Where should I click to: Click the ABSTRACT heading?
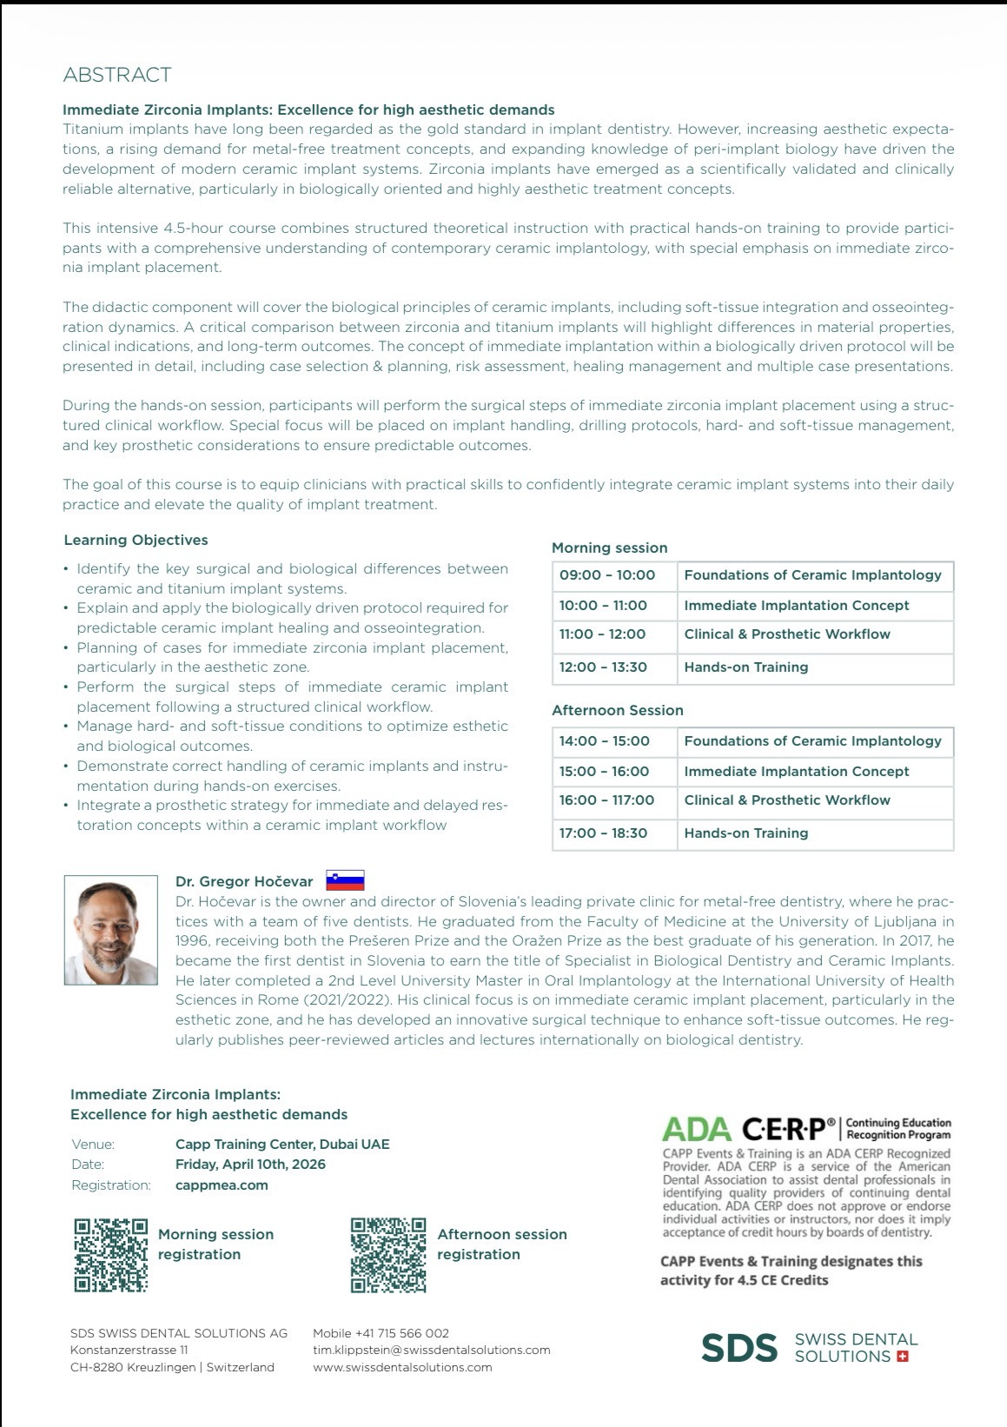coord(117,75)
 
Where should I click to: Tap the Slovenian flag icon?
coord(345,880)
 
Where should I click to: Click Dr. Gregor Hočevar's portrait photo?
coord(110,930)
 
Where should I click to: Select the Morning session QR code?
coord(110,1255)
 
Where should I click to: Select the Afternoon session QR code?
coord(388,1255)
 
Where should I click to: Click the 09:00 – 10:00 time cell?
coord(607,575)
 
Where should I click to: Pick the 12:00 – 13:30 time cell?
coord(603,667)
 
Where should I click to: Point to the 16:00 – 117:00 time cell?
coord(606,800)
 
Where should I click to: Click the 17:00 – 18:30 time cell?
coord(603,833)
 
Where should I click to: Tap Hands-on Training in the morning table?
coord(746,667)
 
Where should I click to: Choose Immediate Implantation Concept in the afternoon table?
coord(797,772)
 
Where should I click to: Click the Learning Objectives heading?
coord(136,540)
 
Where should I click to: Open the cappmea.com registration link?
coord(222,1185)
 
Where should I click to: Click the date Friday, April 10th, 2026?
coord(250,1165)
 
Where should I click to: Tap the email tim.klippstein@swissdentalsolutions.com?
coord(432,1350)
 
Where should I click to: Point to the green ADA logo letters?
coord(696,1129)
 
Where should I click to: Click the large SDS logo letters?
coord(739,1348)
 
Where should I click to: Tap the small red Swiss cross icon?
coord(902,1357)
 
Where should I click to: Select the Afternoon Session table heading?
coord(618,711)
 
